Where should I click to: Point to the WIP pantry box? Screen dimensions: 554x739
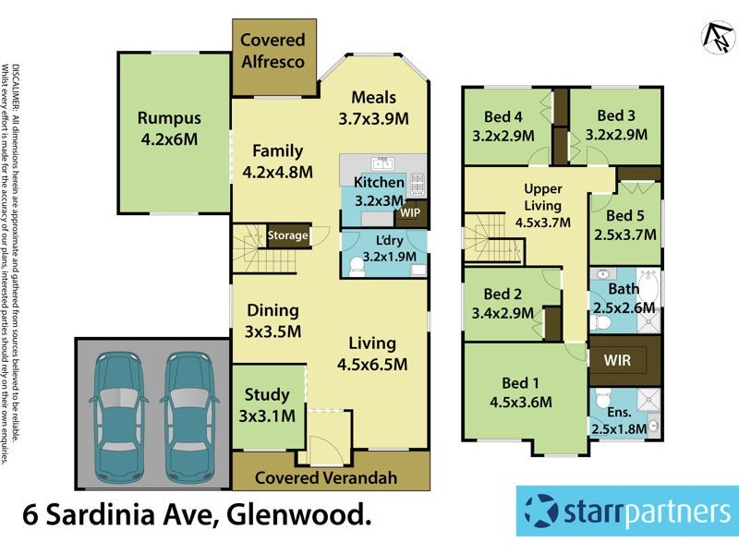point(408,212)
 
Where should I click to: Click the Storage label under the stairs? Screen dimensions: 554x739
point(287,235)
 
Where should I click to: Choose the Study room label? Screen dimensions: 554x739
point(267,395)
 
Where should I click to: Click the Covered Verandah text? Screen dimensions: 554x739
point(325,477)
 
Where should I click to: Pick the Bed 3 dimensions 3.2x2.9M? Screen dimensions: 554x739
point(616,134)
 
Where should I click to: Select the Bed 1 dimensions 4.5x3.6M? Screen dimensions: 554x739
point(520,402)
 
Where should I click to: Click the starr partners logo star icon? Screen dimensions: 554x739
point(540,510)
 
